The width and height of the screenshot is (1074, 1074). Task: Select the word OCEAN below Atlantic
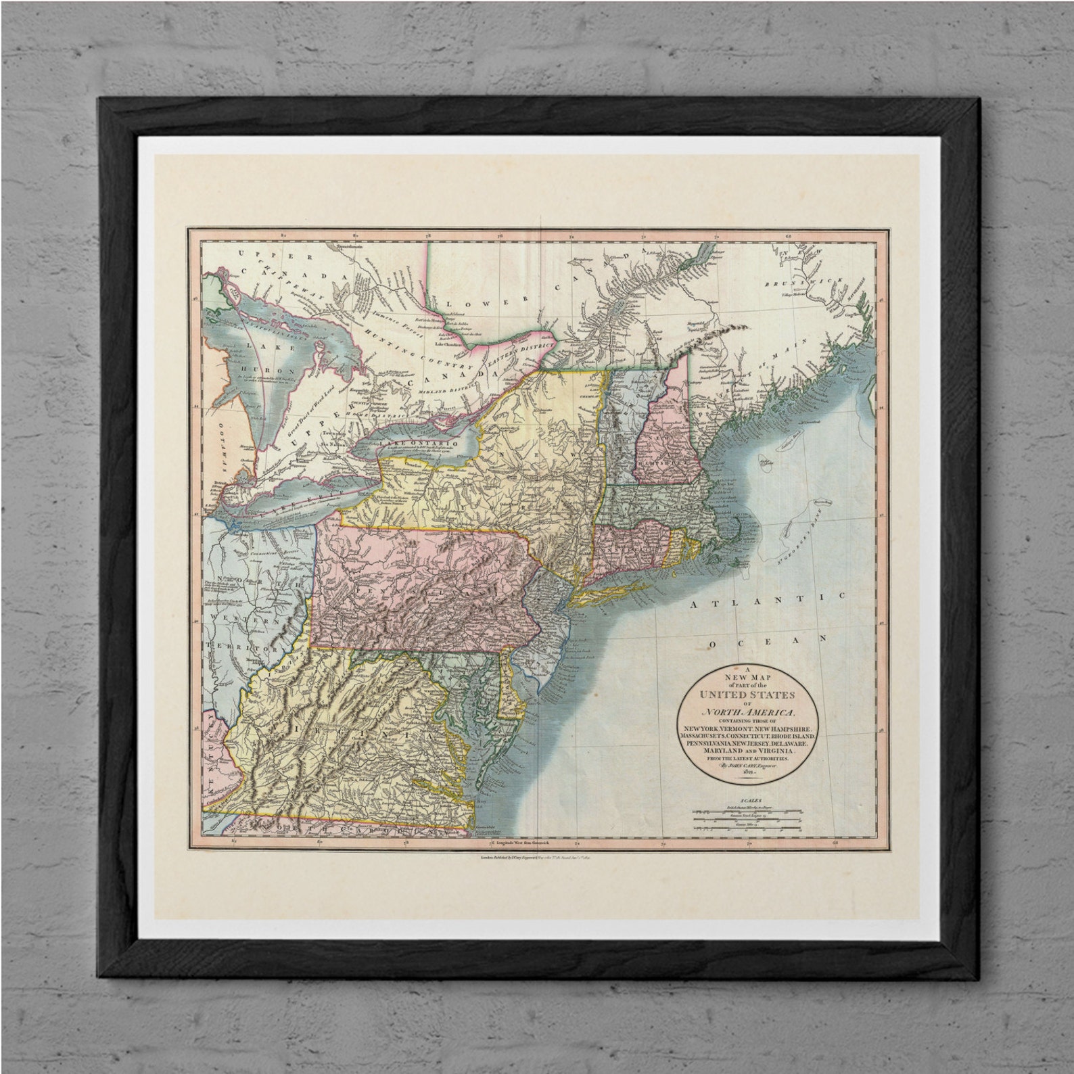tap(768, 639)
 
